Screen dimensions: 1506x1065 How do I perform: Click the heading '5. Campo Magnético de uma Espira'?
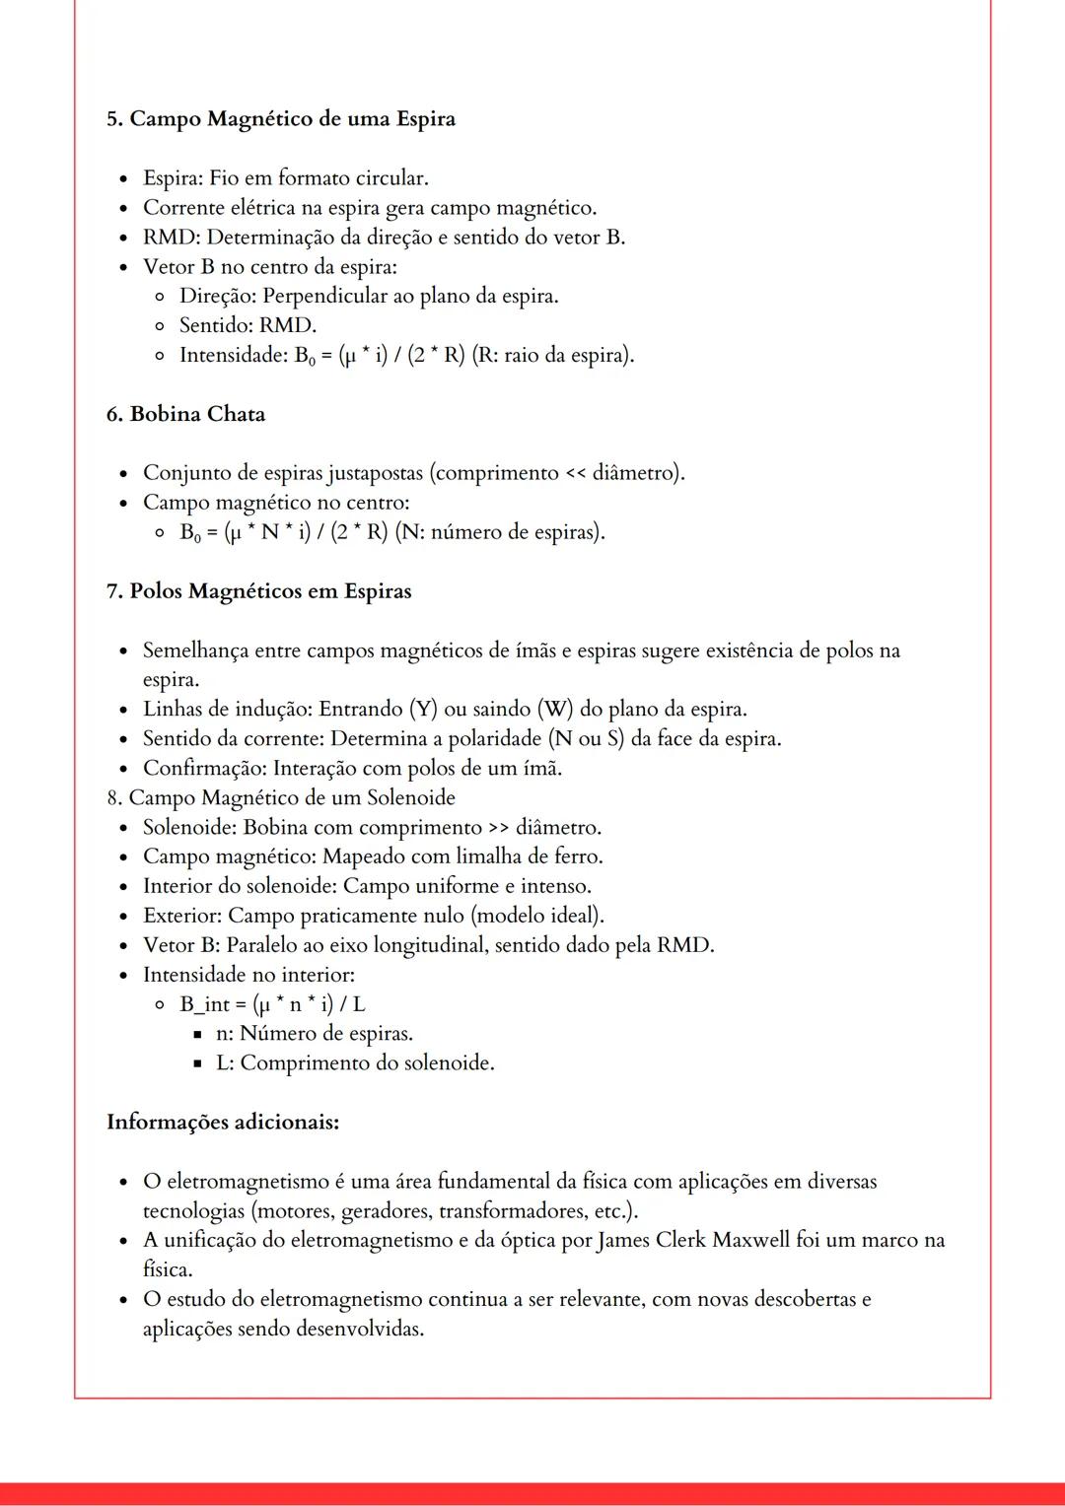tap(281, 119)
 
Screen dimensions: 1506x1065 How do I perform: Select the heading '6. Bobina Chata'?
tap(185, 414)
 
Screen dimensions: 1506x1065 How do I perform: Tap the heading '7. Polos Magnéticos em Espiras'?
tap(258, 591)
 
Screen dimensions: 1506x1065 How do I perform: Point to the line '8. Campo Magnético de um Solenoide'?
tap(281, 797)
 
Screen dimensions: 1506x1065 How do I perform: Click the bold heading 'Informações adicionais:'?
tap(223, 1122)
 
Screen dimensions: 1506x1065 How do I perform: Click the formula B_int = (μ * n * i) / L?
tap(272, 1004)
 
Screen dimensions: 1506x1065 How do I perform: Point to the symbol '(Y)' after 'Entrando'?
tap(422, 710)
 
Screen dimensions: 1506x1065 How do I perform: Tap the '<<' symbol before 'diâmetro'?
tap(574, 473)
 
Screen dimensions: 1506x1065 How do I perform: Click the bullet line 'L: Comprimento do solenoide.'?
tap(355, 1063)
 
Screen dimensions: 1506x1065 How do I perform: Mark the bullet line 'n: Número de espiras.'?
tap(315, 1034)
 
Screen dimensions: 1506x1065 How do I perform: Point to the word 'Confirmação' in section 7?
tap(201, 768)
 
